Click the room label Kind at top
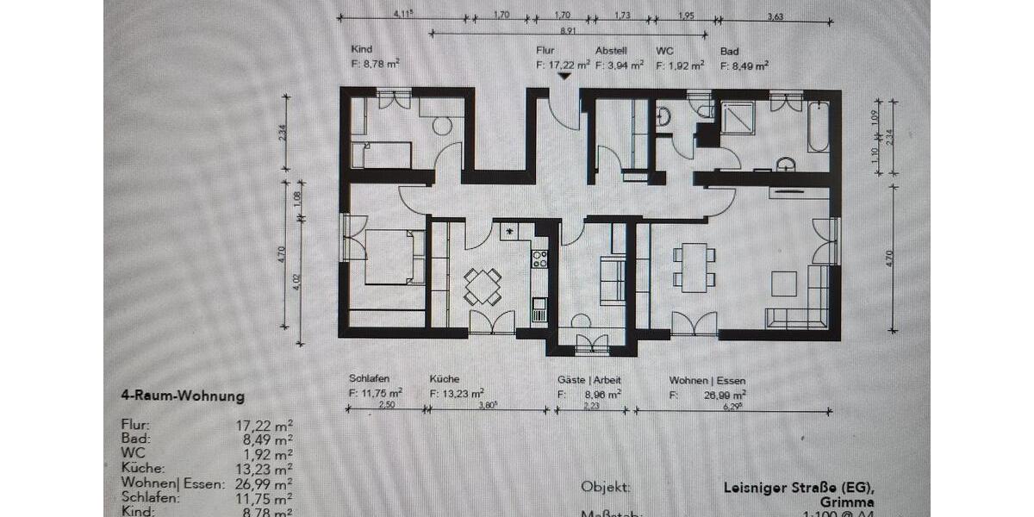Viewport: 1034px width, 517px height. click(362, 50)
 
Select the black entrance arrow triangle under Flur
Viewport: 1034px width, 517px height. click(564, 76)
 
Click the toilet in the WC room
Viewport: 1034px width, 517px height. click(663, 116)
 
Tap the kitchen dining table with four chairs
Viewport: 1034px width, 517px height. click(483, 286)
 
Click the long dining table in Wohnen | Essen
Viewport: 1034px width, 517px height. click(695, 266)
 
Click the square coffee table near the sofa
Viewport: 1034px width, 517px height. click(783, 283)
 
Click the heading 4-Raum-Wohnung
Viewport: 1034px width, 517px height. click(183, 396)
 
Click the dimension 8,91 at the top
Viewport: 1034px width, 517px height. click(568, 31)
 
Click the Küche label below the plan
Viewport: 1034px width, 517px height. click(444, 379)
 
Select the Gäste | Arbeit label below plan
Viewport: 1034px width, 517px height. click(589, 379)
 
